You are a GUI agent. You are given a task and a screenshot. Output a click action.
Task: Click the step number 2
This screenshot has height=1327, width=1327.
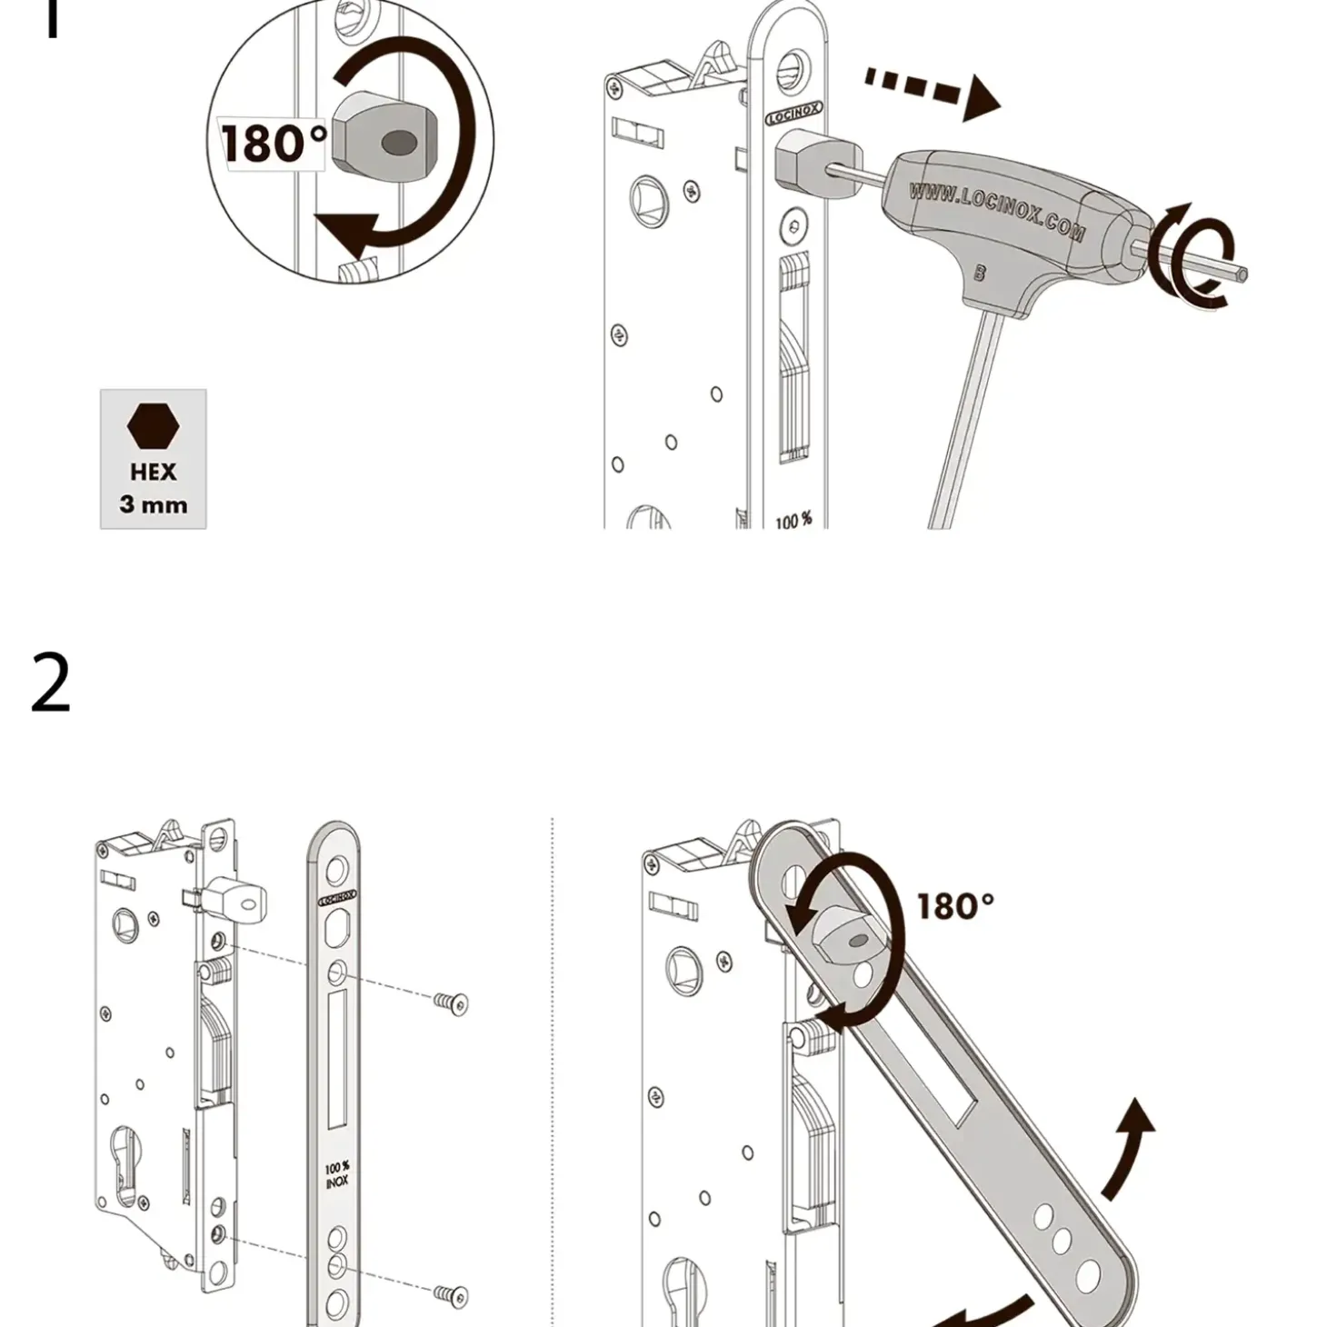click(x=51, y=683)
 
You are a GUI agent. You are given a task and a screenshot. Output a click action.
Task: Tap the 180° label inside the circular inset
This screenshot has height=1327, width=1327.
click(x=273, y=144)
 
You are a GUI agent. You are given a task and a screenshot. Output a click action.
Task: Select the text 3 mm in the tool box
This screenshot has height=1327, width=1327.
click(x=153, y=504)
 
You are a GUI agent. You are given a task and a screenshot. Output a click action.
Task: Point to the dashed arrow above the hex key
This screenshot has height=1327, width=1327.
click(x=932, y=91)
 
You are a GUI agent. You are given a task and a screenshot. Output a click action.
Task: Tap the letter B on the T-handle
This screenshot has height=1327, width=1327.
click(x=980, y=272)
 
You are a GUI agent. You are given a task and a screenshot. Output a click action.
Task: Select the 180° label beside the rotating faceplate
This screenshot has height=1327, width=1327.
click(x=954, y=906)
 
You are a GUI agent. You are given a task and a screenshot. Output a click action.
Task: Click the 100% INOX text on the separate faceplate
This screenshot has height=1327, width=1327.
click(x=337, y=1174)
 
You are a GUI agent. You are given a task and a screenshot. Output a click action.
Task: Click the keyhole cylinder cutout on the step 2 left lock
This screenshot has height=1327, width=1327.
click(x=125, y=1168)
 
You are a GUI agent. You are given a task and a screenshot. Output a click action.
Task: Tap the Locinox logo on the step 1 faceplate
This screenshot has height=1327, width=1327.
click(x=793, y=113)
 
